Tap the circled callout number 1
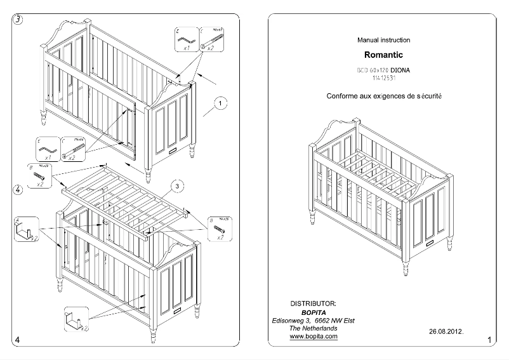click(220, 103)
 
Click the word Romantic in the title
click(383, 55)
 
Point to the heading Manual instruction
click(383, 40)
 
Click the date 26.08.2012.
click(447, 331)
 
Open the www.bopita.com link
click(313, 337)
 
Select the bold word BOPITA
click(313, 312)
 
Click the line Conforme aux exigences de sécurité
click(383, 97)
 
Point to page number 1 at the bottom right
click(489, 342)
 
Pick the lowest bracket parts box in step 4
click(75, 319)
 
